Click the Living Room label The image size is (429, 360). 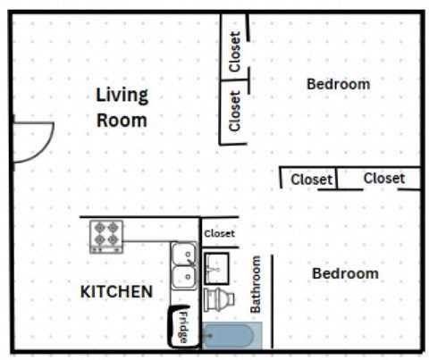(x=122, y=107)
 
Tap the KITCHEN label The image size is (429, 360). (x=116, y=292)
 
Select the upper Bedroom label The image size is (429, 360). (x=338, y=84)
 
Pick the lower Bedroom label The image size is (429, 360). (x=345, y=273)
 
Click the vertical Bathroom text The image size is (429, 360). (x=256, y=284)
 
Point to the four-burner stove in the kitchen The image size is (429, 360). (x=106, y=237)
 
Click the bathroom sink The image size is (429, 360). (x=218, y=265)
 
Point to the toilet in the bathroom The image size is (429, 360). (x=218, y=298)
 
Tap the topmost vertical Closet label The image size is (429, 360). (x=235, y=53)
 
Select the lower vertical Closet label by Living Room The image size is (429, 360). (x=235, y=111)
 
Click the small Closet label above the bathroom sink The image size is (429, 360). (x=220, y=234)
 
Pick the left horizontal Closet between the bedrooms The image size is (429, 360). (x=311, y=180)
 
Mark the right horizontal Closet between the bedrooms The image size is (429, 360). (x=383, y=179)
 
